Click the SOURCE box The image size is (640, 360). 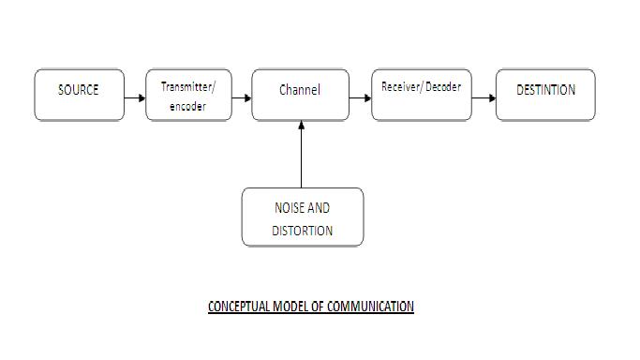79,95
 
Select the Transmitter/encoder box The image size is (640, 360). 188,95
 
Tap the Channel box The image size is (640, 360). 300,95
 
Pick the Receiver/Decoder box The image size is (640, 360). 421,95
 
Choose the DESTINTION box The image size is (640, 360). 545,95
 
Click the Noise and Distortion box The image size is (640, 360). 302,217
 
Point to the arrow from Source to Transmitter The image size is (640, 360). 135,97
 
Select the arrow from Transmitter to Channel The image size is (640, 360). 242,97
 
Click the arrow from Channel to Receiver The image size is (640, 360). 360,97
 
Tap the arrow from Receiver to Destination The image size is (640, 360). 484,97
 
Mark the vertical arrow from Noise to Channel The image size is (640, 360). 301,155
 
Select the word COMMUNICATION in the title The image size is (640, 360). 370,307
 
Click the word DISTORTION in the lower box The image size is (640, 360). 303,231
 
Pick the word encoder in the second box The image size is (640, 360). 187,107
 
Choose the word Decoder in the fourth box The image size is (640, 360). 442,87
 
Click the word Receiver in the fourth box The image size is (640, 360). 400,87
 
